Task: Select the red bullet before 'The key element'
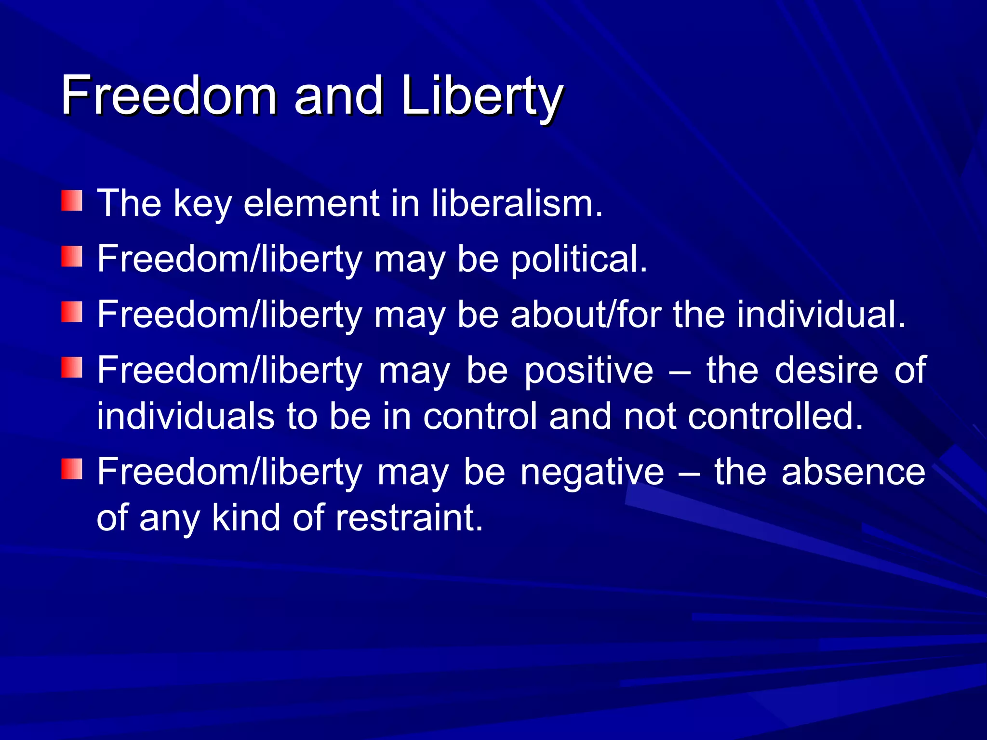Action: (72, 201)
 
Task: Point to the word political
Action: (578, 259)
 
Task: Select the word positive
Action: (588, 370)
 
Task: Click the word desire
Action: (827, 370)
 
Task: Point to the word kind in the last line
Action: (246, 518)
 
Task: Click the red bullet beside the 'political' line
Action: (72, 256)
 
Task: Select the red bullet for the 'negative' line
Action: (72, 469)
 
